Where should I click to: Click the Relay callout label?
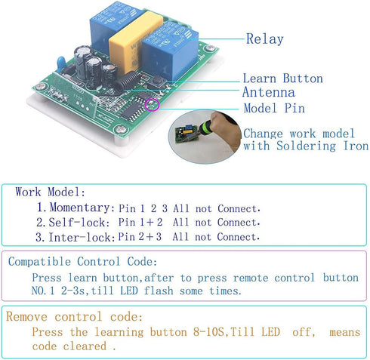point(265,39)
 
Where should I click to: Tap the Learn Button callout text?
point(283,78)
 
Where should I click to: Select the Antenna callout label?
point(269,92)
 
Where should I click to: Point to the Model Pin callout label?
point(274,108)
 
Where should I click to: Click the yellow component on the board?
point(134,42)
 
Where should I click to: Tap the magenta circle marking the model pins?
point(153,104)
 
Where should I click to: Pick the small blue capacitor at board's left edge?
point(61,64)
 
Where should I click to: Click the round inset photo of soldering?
point(205,137)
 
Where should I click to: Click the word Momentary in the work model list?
point(79,208)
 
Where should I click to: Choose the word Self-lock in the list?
point(79,223)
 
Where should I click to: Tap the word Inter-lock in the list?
point(80,237)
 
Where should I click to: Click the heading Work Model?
point(51,192)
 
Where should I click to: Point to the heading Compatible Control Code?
point(82,262)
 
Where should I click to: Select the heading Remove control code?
point(74,316)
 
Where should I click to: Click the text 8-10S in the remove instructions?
point(208,332)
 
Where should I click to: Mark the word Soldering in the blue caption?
point(306,146)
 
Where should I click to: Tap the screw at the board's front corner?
point(121,129)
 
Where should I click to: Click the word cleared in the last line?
point(85,346)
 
